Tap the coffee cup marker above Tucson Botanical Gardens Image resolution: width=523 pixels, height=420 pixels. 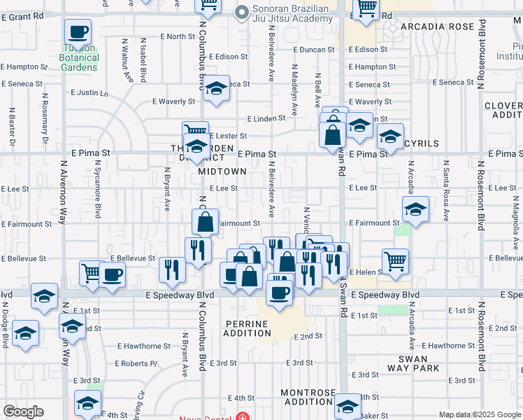[x=78, y=32]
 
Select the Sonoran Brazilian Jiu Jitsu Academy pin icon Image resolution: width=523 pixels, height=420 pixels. [x=243, y=11]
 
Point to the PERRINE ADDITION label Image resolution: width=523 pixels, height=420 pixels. [x=248, y=328]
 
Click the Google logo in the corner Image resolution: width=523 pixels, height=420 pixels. [x=23, y=412]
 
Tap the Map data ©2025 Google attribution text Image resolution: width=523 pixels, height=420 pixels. [x=480, y=414]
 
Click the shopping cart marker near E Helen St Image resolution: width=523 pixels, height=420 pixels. [x=396, y=262]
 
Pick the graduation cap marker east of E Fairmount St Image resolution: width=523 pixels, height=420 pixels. [x=415, y=209]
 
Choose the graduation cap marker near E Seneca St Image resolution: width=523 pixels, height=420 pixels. [x=217, y=89]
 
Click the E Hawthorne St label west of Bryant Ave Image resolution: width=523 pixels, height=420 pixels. [x=143, y=346]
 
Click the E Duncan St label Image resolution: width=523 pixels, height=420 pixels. [x=312, y=50]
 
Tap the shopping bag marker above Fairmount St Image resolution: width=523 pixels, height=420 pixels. [x=205, y=222]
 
